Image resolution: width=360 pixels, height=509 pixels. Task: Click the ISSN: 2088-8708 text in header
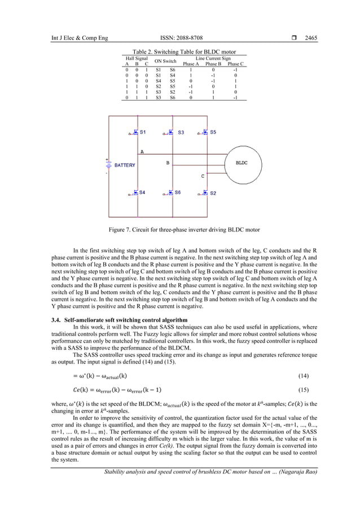pyautogui.click(x=179, y=38)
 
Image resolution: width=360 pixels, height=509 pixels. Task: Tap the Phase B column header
pyautogui.click(x=213, y=64)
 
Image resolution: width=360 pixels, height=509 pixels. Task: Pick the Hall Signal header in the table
pyautogui.click(x=137, y=58)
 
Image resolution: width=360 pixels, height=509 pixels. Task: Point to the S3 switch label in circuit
pyautogui.click(x=180, y=133)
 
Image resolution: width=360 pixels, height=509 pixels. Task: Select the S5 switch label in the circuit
pyautogui.click(x=213, y=133)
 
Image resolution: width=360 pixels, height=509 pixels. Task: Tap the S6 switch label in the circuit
pyautogui.click(x=177, y=192)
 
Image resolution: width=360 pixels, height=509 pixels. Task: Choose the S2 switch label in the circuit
pyautogui.click(x=213, y=192)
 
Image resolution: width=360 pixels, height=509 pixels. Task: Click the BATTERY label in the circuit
pyautogui.click(x=125, y=165)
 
